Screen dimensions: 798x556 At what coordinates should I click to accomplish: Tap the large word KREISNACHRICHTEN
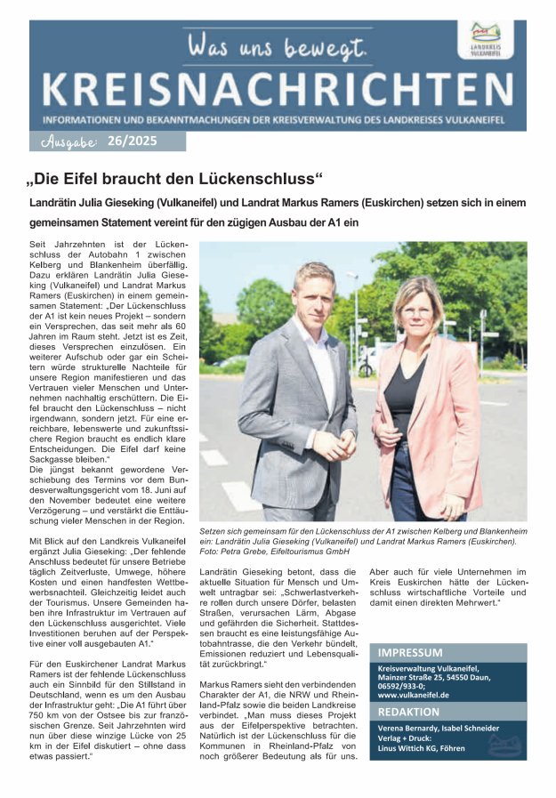coord(277,90)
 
